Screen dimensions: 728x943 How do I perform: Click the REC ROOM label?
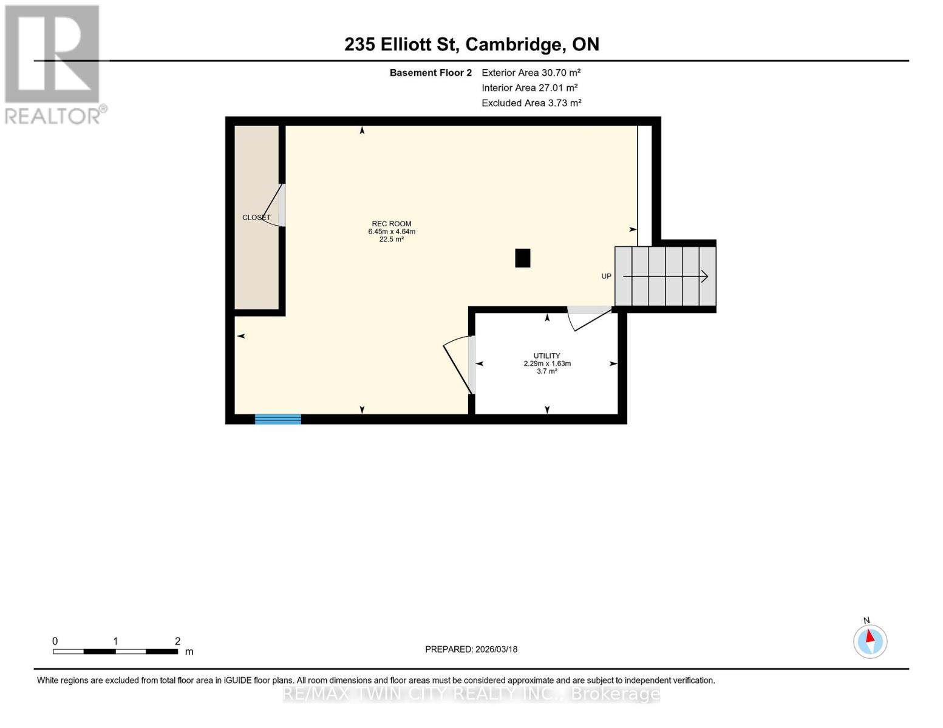[392, 224]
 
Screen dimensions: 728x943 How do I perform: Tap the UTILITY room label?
[546, 356]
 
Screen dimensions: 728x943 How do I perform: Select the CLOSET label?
[256, 217]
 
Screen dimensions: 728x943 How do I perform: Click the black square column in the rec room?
[522, 258]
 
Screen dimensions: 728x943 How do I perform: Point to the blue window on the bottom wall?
[277, 419]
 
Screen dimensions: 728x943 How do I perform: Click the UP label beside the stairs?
[606, 276]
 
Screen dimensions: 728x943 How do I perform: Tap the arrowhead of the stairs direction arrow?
[704, 277]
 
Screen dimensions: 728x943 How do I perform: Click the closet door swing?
[273, 206]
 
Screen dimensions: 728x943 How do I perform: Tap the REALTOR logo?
[53, 64]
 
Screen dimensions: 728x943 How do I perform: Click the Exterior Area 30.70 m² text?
[531, 72]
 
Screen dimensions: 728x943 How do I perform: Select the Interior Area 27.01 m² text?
[529, 88]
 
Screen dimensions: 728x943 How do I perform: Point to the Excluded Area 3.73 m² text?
[531, 103]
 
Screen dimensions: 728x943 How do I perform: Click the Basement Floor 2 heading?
[431, 73]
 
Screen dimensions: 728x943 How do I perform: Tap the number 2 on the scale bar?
[177, 641]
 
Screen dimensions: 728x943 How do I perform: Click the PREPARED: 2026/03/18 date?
[471, 649]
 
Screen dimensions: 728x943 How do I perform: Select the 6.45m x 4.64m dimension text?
[392, 232]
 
